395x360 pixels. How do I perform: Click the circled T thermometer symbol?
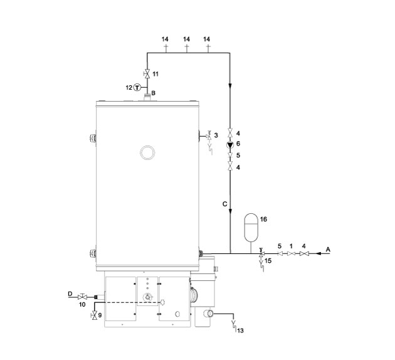point(137,87)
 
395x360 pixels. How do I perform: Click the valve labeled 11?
point(147,73)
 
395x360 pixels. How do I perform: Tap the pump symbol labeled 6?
point(230,145)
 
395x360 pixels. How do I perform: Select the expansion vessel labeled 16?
point(251,227)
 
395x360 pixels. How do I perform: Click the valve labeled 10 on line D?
point(82,297)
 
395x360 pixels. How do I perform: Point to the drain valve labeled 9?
point(95,315)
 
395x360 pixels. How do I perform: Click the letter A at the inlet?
point(328,250)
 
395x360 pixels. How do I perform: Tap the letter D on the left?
point(70,294)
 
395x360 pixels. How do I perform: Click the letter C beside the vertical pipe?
point(224,204)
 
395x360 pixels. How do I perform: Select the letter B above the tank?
point(153,93)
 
